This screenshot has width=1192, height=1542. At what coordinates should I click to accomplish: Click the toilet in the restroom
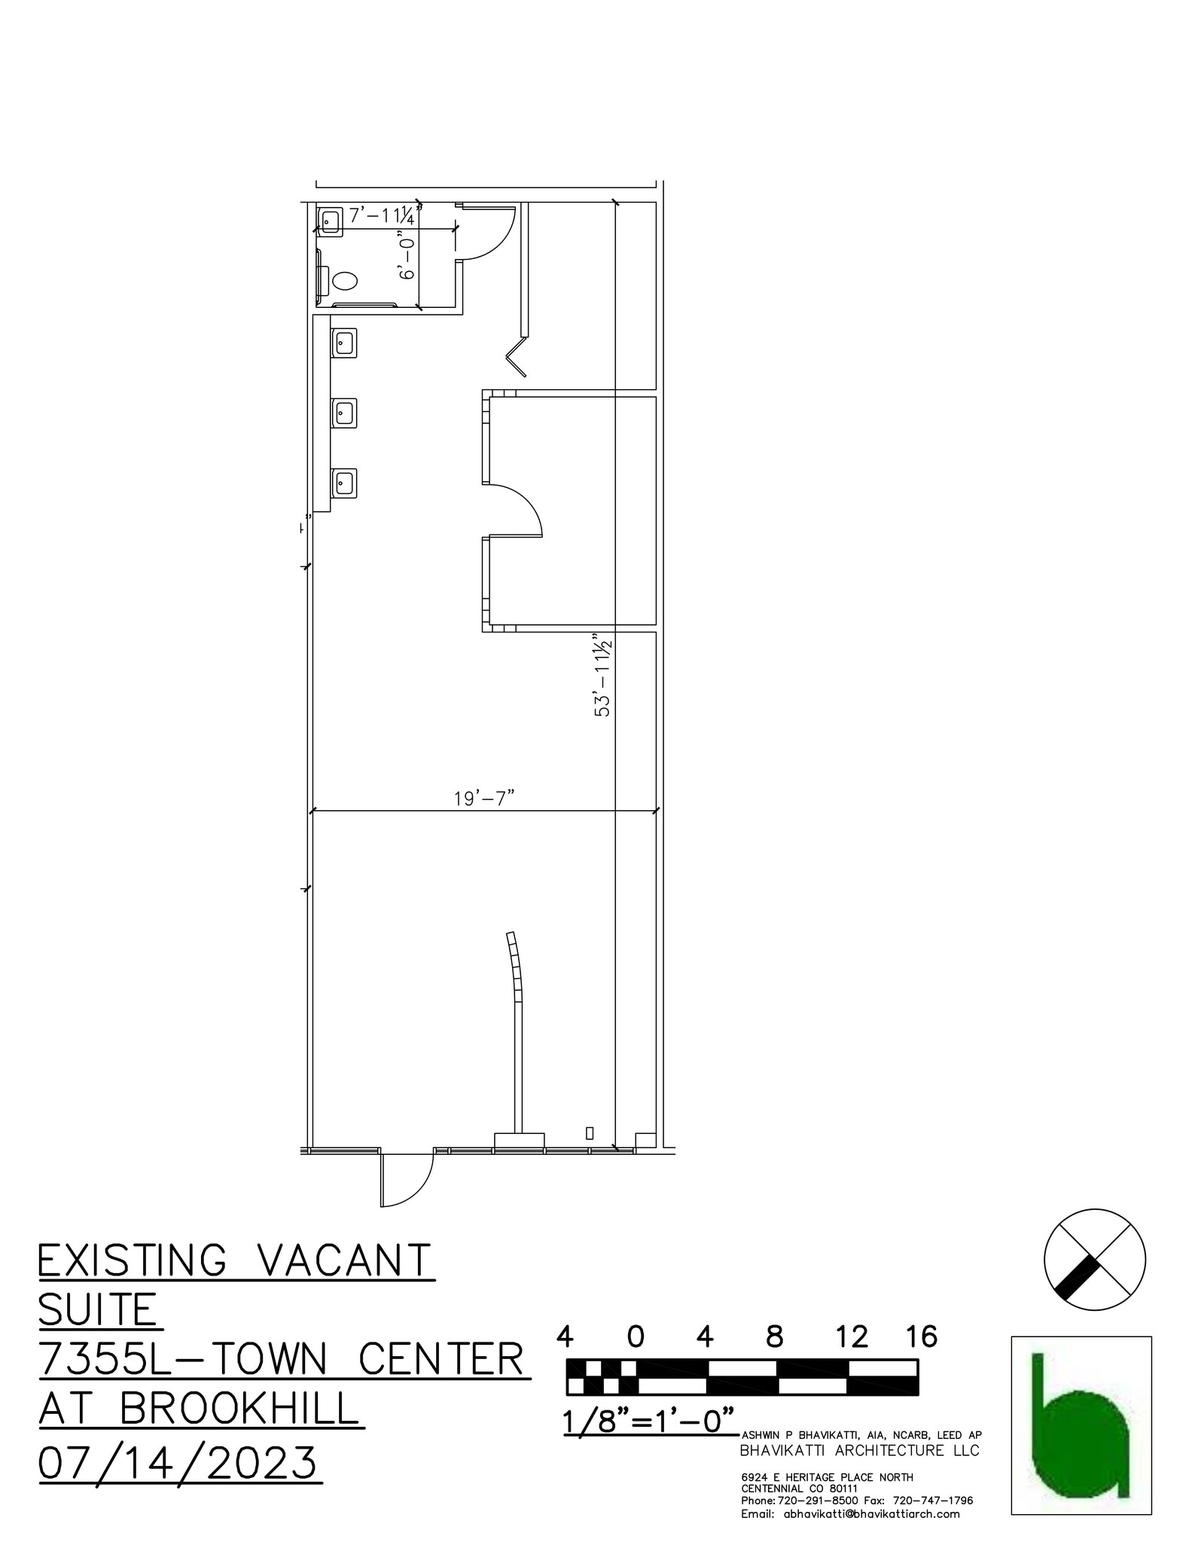click(x=344, y=282)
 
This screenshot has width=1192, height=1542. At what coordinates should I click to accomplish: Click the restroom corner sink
click(x=330, y=221)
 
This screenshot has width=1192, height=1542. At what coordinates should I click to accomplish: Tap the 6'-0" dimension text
click(x=407, y=259)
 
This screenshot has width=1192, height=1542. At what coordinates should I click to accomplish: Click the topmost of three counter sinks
click(x=345, y=343)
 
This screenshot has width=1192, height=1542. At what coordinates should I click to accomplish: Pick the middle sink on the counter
click(x=345, y=413)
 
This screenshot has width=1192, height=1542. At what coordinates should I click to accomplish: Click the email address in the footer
click(x=850, y=1514)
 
